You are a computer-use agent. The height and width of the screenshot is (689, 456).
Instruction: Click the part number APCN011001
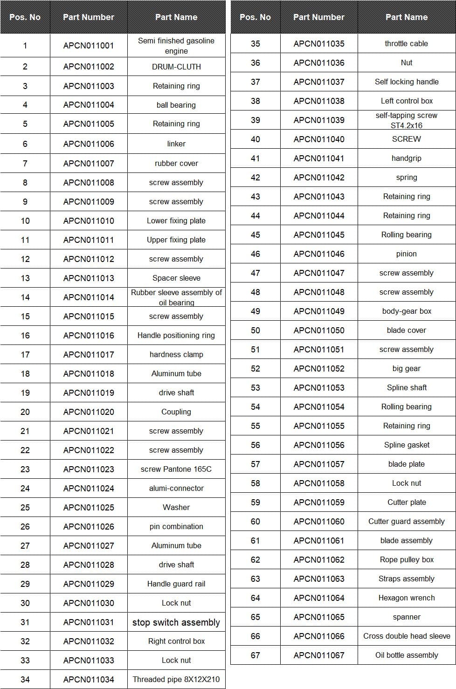click(89, 46)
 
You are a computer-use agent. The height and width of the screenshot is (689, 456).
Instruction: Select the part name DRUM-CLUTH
click(176, 67)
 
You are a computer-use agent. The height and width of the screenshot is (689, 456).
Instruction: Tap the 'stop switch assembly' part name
click(176, 622)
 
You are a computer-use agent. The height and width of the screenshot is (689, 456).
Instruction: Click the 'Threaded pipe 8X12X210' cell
click(176, 679)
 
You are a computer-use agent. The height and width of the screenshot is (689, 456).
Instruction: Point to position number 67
click(256, 655)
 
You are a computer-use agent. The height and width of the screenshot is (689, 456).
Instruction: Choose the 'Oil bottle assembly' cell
click(407, 655)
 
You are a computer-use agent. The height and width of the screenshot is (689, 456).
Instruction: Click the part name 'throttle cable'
click(407, 43)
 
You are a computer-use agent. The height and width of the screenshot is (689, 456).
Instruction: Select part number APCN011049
click(319, 311)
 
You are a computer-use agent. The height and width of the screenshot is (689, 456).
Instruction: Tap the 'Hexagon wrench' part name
click(407, 598)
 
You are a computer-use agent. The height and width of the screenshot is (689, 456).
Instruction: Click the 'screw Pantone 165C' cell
click(176, 469)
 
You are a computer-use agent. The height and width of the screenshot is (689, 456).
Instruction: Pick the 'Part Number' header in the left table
click(89, 17)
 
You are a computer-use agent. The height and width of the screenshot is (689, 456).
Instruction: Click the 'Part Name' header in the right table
click(407, 17)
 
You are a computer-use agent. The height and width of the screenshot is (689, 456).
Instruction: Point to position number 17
click(25, 354)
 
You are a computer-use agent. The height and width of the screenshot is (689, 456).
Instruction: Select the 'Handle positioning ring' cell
click(176, 335)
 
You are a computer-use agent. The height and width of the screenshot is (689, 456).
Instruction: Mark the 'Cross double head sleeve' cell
click(407, 636)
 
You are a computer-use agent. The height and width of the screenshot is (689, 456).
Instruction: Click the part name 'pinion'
click(407, 254)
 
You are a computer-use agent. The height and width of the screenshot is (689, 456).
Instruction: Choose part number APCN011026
click(89, 526)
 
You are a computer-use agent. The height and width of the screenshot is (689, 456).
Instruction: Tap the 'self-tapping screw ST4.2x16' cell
click(407, 120)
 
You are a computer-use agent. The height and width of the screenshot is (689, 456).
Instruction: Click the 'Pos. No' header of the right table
click(256, 17)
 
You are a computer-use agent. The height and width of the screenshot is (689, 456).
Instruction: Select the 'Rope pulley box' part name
click(407, 559)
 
